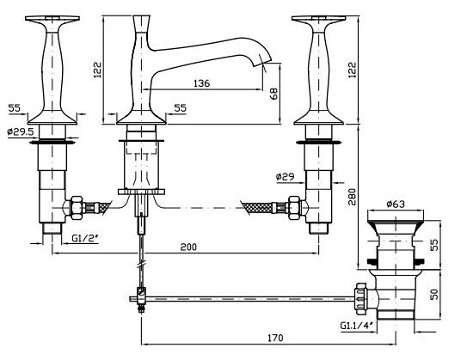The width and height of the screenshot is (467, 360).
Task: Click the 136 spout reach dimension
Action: point(201,83)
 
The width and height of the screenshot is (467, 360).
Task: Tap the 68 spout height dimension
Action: point(274,94)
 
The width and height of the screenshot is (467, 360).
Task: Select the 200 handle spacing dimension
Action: point(188,247)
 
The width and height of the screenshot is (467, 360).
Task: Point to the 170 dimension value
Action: point(275,338)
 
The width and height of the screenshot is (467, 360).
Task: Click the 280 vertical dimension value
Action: point(352,197)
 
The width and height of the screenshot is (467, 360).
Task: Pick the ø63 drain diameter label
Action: point(396,204)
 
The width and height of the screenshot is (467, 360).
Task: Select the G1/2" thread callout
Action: point(85,238)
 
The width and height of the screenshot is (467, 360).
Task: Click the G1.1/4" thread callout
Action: point(357,325)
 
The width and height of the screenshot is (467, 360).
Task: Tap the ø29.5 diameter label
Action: point(21,131)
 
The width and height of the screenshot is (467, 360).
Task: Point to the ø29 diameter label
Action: point(285,177)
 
